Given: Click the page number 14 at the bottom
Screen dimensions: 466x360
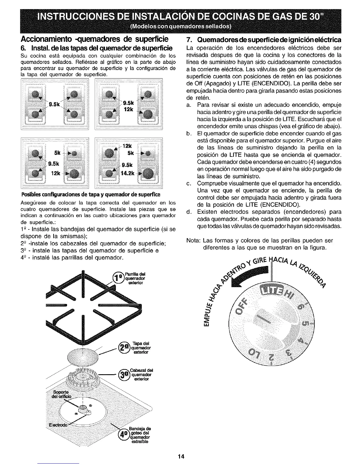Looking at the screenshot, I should (180, 457).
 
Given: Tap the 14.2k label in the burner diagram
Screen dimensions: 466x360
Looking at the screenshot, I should (127, 173).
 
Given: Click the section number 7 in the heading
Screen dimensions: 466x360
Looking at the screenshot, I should (189, 39).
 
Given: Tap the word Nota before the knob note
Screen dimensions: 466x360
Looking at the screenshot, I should (193, 240).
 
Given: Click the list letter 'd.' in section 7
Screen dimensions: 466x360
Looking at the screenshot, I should (189, 212).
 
